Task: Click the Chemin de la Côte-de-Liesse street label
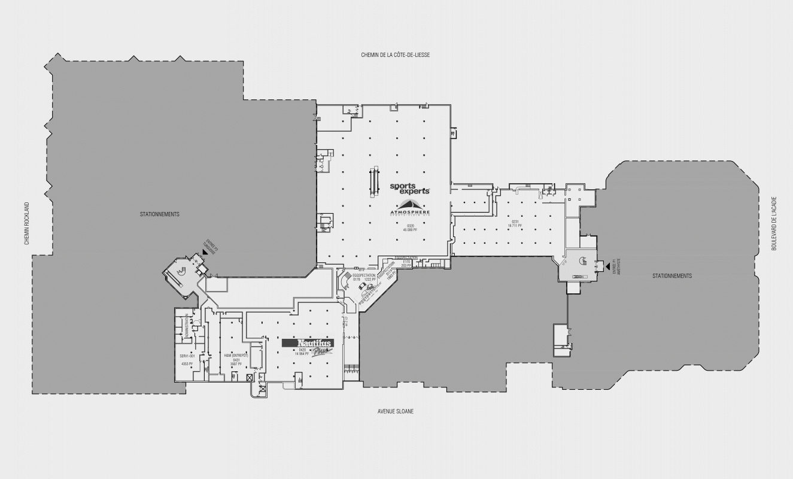tap(395, 55)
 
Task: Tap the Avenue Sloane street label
tap(396, 411)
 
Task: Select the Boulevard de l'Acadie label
tap(773, 223)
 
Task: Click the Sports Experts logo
tap(410, 189)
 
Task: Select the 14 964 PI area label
tap(302, 354)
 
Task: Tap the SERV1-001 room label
tap(188, 356)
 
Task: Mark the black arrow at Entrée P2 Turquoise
tap(205, 253)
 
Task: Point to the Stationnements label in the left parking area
tap(160, 214)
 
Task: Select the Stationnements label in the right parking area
tap(672, 276)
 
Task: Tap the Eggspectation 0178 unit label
tap(364, 277)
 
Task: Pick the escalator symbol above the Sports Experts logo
tap(375, 181)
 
